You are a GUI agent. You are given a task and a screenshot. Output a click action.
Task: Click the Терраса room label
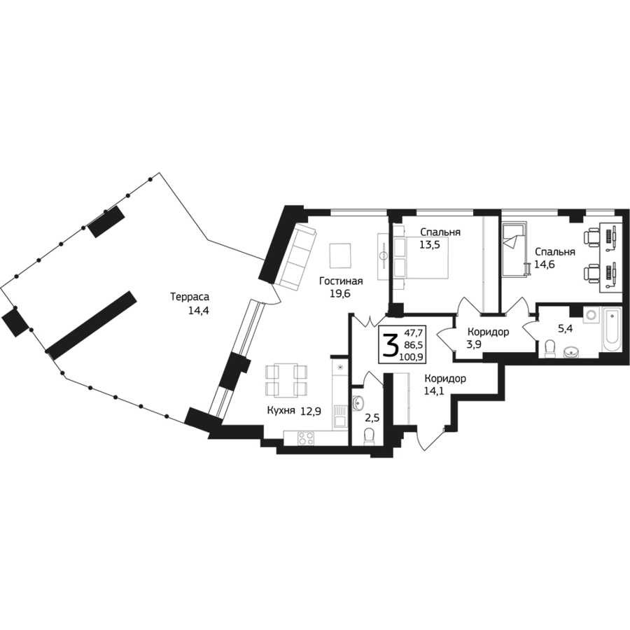tap(190, 297)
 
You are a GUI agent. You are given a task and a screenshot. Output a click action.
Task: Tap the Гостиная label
tap(341, 281)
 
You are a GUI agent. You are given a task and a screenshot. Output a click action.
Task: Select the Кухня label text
tap(281, 411)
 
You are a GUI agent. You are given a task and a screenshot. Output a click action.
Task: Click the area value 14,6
tap(545, 265)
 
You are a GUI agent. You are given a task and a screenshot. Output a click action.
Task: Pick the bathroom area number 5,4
tap(565, 329)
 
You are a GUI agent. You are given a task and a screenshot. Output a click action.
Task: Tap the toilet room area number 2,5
tap(372, 418)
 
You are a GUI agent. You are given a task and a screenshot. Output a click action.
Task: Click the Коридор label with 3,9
tap(488, 332)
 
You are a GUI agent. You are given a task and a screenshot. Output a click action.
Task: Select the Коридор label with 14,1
tap(446, 379)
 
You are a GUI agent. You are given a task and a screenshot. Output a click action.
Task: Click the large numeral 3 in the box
tap(390, 345)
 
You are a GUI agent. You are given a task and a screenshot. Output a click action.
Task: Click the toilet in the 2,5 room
tap(369, 436)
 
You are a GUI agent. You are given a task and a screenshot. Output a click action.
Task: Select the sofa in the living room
tap(297, 256)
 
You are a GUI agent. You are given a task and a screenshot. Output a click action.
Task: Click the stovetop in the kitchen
tap(306, 437)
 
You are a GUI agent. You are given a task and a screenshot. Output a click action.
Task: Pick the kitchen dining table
tap(286, 379)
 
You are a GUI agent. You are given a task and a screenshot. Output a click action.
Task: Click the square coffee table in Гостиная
tap(341, 255)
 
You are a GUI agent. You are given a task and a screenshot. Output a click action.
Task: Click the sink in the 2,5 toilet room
tap(358, 402)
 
